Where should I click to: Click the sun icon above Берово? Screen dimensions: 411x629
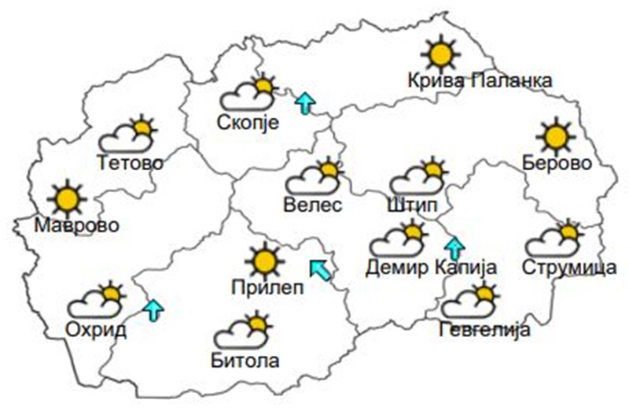point(557,135)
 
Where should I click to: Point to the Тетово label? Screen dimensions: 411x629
point(131,163)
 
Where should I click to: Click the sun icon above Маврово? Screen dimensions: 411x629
point(66,198)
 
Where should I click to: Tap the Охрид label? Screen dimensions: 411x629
point(97,329)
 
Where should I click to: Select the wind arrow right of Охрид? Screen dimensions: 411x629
point(154,309)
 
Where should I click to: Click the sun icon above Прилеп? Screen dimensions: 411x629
point(263,260)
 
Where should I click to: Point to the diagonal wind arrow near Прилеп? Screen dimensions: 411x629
point(321,269)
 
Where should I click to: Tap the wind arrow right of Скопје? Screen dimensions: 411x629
point(304,102)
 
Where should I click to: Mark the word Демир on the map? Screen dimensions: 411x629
point(397,267)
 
